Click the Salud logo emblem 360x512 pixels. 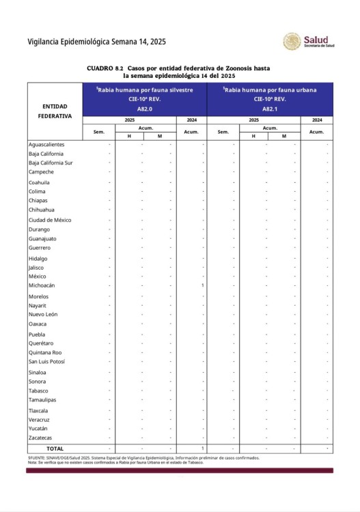click(292, 42)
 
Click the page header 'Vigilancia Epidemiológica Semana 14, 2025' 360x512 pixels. click(96, 42)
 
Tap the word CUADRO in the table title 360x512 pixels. click(100, 69)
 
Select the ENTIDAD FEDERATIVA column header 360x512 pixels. click(55, 111)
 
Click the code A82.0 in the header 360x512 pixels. click(145, 109)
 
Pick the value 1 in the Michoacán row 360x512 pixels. click(203, 285)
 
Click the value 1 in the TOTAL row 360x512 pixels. click(203, 448)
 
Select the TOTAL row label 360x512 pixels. click(55, 448)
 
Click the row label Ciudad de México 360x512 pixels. click(50, 220)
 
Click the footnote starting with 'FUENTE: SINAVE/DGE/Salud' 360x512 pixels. click(137, 458)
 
